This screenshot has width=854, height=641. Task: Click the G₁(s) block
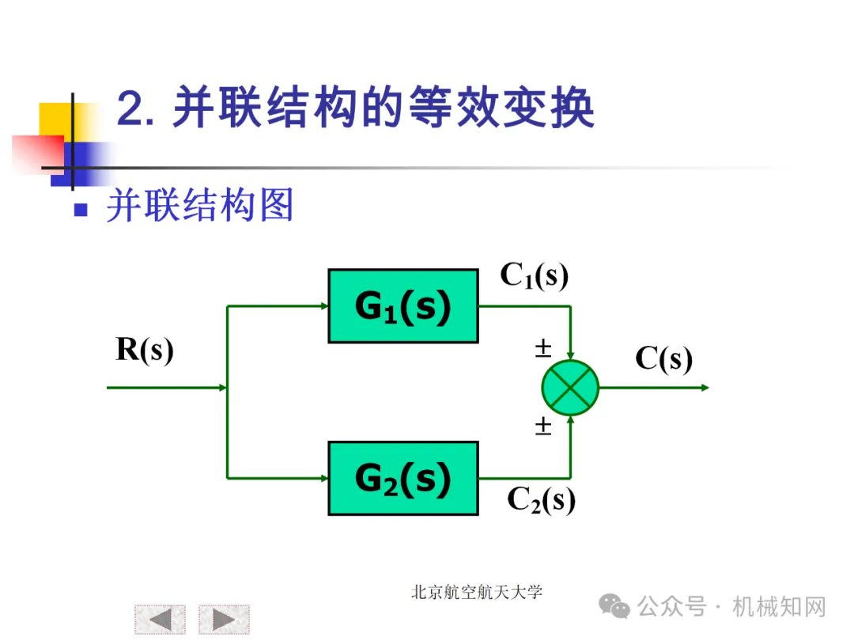coord(403,306)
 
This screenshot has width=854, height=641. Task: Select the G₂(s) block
coord(403,478)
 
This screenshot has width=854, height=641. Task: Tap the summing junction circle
coord(570,388)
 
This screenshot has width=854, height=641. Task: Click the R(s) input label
coord(144,349)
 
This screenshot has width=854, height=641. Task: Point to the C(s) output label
coord(663,359)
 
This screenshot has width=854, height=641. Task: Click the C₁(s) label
coord(534,275)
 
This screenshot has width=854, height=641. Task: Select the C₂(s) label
coord(541,499)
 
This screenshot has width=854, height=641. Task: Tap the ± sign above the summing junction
coord(543,349)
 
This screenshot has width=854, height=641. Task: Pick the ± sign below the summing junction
coord(543,427)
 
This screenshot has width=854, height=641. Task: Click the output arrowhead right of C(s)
coord(705,388)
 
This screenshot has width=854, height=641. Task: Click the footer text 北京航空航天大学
coord(477,592)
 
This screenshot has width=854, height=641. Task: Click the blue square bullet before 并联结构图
coord(80,210)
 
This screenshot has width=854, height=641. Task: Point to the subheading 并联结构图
coord(200,206)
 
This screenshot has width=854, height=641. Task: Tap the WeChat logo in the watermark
coord(614,607)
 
